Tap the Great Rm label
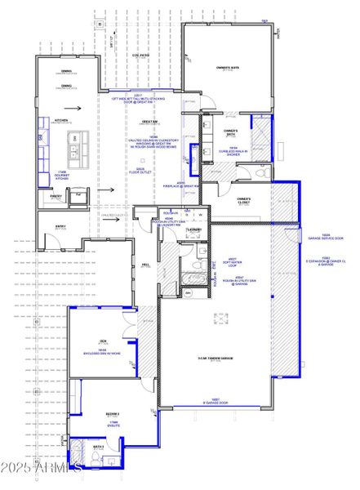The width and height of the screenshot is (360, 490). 149,122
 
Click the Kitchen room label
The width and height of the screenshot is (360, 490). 61,120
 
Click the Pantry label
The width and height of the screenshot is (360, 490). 56,196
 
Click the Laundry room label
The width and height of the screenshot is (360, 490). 193,231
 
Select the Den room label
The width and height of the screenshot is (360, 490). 104,341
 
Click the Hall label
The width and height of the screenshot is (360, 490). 145,265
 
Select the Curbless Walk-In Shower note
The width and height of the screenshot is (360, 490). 233,150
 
